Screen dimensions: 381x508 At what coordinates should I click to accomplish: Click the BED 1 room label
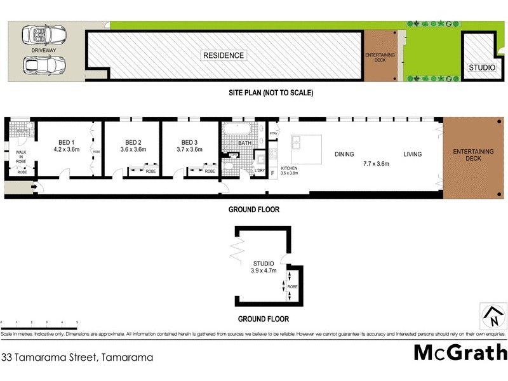(64, 142)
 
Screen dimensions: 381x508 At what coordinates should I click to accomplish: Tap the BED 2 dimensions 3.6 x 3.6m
(133, 150)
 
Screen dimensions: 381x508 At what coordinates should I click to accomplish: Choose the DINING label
(344, 154)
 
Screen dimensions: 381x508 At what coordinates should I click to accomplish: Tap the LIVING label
(412, 154)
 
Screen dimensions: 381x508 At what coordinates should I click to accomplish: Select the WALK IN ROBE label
(22, 157)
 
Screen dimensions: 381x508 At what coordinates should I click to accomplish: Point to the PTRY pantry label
(273, 133)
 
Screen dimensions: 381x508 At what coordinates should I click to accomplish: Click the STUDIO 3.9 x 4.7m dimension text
(263, 271)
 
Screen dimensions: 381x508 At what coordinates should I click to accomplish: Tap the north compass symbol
(491, 315)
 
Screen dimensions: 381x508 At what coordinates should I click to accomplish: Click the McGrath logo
(461, 352)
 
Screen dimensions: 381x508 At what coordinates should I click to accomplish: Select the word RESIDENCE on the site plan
(224, 55)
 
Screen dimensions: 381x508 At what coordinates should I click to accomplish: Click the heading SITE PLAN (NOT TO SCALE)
(271, 93)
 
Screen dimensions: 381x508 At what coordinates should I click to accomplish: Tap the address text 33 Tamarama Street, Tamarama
(77, 358)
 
